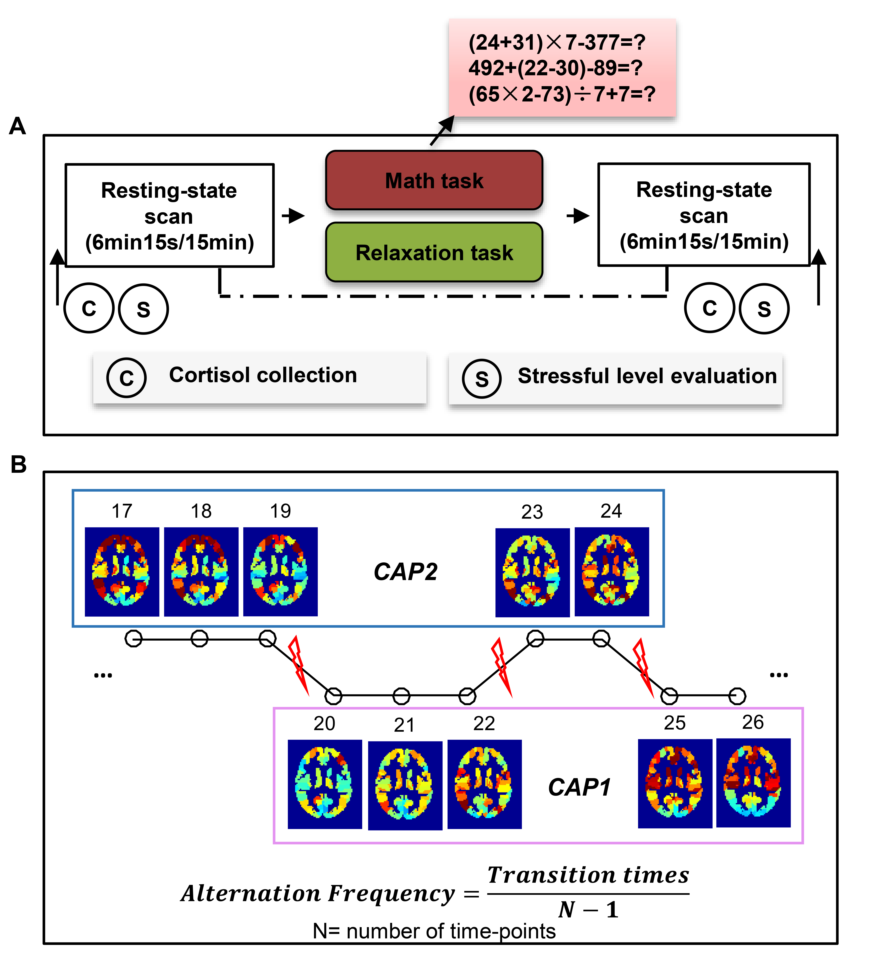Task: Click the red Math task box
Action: (434, 180)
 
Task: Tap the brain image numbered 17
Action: (122, 571)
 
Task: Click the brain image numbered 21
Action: (405, 785)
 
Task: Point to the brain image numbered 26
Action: (753, 783)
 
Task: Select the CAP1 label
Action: (579, 787)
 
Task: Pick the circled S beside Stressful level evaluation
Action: (482, 379)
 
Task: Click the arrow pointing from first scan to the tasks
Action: (293, 216)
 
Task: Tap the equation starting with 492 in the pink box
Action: (555, 68)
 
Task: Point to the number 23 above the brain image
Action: (532, 512)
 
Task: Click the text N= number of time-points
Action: (434, 931)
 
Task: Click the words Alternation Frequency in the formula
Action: (318, 893)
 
